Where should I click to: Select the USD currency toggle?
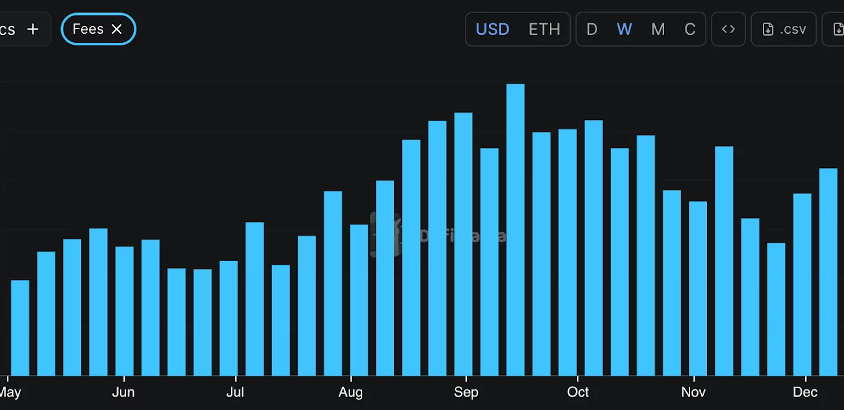[x=492, y=29]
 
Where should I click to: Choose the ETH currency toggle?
[x=544, y=29]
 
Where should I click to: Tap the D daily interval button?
[x=591, y=29]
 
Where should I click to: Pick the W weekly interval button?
[x=624, y=29]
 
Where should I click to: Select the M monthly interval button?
[x=658, y=29]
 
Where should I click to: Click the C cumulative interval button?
[x=689, y=29]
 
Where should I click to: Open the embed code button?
[x=728, y=29]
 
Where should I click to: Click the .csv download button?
[x=784, y=29]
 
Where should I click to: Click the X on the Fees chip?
[x=117, y=29]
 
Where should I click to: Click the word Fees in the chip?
[x=88, y=29]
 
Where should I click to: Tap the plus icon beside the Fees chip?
[x=33, y=29]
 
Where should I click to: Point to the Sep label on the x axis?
[x=466, y=392]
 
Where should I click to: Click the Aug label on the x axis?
[x=351, y=392]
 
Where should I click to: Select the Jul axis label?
[x=235, y=392]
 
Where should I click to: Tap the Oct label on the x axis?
[x=578, y=392]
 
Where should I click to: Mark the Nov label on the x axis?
[x=693, y=392]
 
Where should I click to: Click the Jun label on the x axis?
[x=123, y=392]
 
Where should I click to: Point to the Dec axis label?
[x=806, y=392]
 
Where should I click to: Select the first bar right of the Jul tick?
[x=254, y=298]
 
